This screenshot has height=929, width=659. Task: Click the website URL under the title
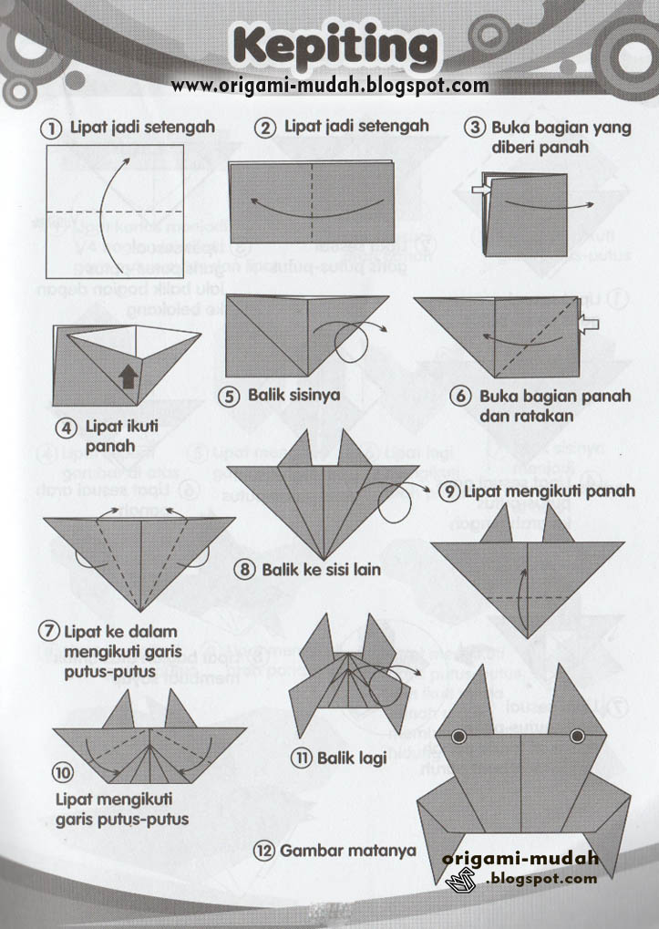coord(330,86)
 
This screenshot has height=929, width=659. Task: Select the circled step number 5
coord(232,395)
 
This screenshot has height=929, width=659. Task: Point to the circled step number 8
coord(245,570)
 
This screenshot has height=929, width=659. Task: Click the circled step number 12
coord(264,851)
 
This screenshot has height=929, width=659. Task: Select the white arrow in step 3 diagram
coord(482,189)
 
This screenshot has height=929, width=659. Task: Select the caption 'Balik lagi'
coord(351,758)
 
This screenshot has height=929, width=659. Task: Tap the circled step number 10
coord(63,774)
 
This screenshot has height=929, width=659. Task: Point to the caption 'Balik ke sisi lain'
coord(321,570)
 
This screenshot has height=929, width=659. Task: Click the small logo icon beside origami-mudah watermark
coord(462,881)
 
